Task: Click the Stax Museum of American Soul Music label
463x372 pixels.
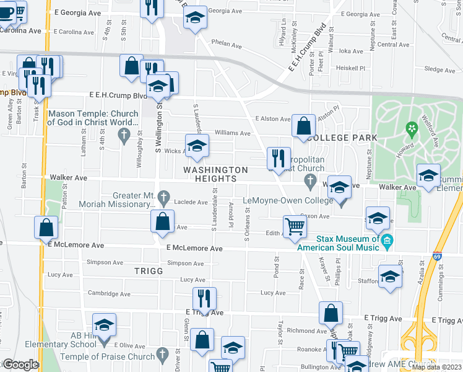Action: [x=338, y=243]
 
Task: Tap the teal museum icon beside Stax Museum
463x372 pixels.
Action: [x=387, y=241]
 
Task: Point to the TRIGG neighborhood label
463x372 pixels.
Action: [x=148, y=271]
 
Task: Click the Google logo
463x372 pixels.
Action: [x=20, y=365]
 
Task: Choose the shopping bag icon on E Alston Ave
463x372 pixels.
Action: [x=303, y=125]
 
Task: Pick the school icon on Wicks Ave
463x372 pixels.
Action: [x=197, y=146]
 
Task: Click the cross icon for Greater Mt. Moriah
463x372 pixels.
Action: [x=163, y=198]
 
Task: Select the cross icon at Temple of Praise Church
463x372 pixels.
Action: [x=162, y=356]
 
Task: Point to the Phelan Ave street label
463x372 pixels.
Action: [x=226, y=45]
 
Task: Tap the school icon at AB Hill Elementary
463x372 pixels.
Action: [x=104, y=324]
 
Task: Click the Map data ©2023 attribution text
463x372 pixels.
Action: [x=436, y=367]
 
